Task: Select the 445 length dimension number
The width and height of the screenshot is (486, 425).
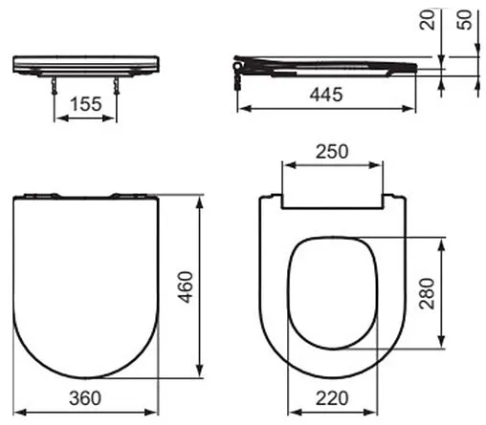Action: tap(328, 95)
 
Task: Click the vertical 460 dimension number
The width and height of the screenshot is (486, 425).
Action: tap(187, 286)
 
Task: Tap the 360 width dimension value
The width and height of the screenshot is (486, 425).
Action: tap(87, 395)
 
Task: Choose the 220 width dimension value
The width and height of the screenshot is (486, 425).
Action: tap(334, 395)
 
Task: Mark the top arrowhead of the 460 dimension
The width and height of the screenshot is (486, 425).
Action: tap(200, 200)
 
